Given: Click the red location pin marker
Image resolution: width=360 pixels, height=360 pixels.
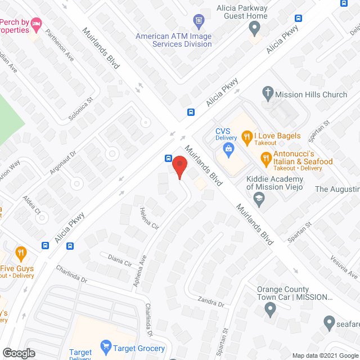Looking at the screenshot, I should [x=179, y=167].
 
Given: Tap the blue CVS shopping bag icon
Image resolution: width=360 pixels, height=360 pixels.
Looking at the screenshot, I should [x=228, y=149].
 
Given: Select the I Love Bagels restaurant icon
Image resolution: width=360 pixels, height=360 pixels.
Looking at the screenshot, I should [x=246, y=136].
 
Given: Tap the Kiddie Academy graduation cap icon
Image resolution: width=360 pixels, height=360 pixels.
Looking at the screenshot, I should [x=258, y=197].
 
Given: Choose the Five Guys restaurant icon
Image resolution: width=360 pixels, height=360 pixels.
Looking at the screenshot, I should [x=21, y=253].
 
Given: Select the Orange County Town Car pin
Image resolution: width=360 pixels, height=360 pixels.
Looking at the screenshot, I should [x=271, y=308].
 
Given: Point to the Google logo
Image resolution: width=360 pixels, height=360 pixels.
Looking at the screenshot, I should [x=19, y=353].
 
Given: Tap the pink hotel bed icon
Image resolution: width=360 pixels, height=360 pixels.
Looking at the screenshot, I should [x=37, y=23].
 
